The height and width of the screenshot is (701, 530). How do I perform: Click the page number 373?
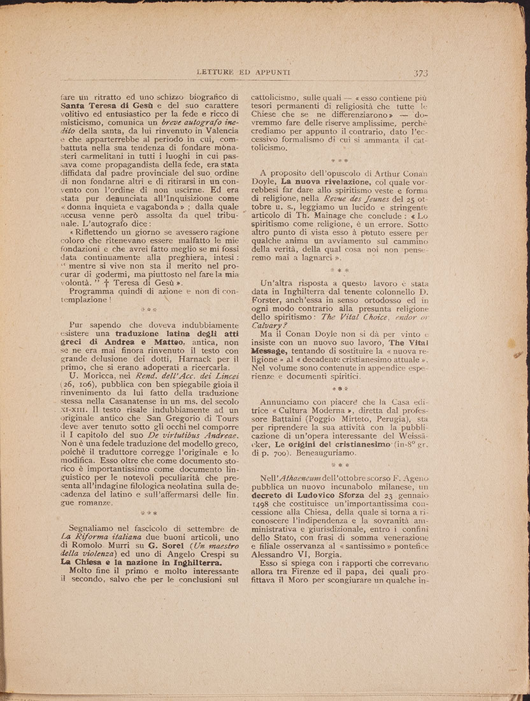point(420,73)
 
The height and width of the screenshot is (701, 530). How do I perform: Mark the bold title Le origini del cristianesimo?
point(327,444)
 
